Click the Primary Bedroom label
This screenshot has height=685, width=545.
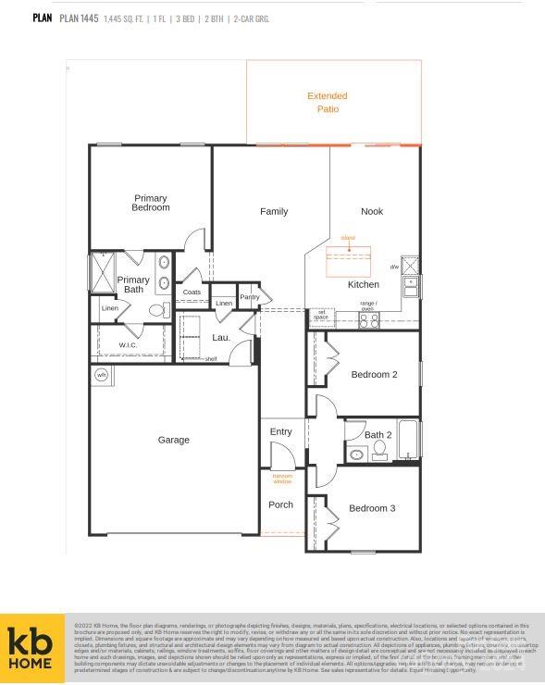[150, 203]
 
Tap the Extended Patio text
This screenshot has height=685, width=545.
[328, 103]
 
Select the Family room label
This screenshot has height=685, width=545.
[274, 212]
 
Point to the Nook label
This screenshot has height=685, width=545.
[372, 212]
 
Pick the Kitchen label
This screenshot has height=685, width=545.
[364, 285]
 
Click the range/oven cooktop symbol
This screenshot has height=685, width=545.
[369, 320]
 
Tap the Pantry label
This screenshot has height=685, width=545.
[250, 297]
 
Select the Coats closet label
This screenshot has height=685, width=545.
[192, 293]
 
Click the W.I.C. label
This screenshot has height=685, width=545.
[128, 345]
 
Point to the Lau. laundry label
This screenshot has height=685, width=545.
[221, 338]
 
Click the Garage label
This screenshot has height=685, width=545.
[173, 441]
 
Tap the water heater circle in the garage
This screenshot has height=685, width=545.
[101, 375]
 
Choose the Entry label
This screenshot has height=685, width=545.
[281, 432]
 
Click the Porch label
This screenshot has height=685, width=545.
[281, 504]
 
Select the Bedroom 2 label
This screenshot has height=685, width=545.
[374, 375]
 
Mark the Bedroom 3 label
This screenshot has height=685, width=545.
[372, 508]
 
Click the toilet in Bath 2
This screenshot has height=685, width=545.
[378, 450]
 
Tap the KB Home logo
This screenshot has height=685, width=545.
[31, 649]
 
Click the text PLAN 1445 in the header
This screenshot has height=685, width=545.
[79, 18]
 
